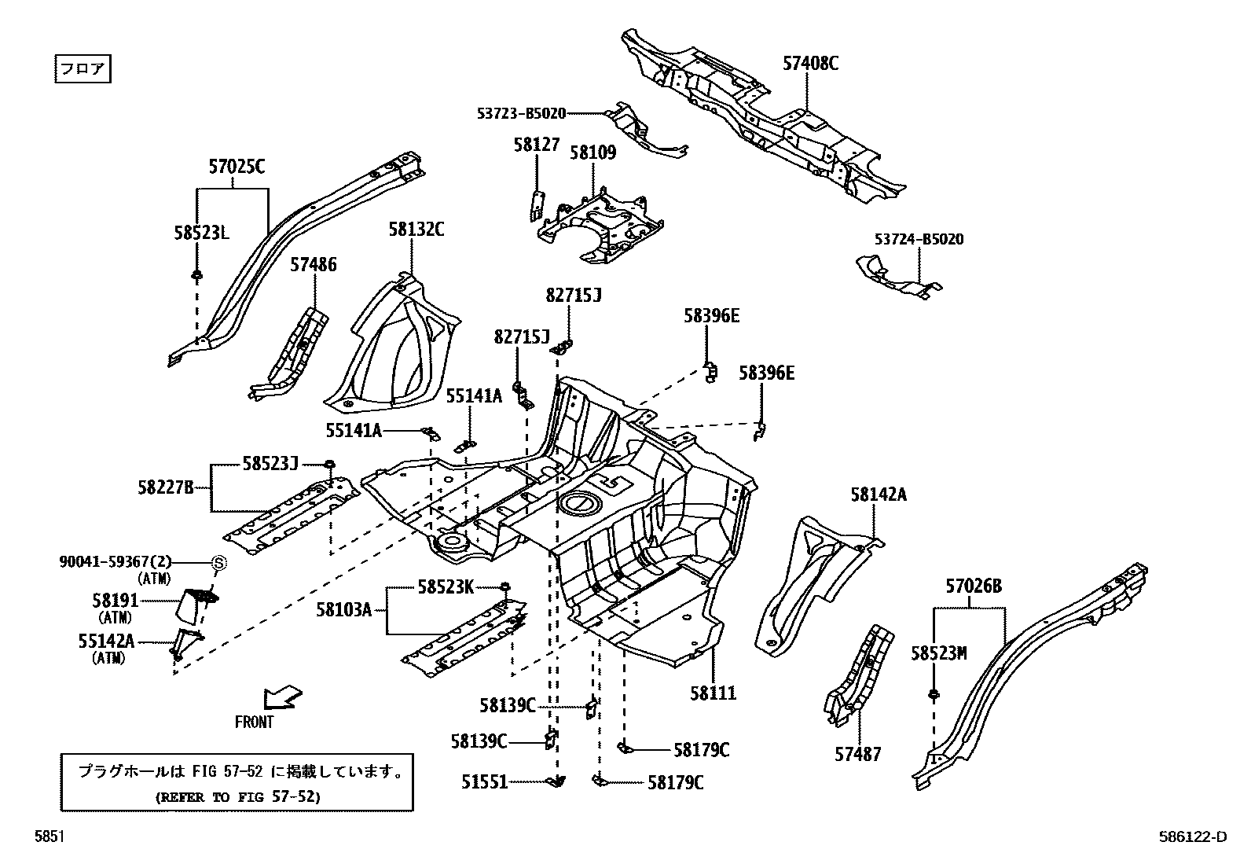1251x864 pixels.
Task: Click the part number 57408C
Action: [x=810, y=64]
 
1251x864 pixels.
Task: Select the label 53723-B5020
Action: [x=521, y=113]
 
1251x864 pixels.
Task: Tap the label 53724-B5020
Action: [x=919, y=239]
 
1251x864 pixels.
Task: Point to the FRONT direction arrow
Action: [x=282, y=697]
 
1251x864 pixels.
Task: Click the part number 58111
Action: [x=714, y=693]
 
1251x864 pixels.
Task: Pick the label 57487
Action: [x=858, y=754]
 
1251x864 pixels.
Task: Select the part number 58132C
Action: [x=416, y=230]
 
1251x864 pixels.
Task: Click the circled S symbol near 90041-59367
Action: [x=219, y=563]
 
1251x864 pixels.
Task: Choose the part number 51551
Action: [x=484, y=782]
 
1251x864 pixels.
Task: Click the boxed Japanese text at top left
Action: [x=83, y=68]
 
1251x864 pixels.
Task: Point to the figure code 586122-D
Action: [x=1192, y=837]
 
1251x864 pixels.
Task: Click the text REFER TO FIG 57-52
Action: [x=238, y=796]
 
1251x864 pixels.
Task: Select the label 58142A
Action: [x=878, y=495]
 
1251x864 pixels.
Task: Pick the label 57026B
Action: [x=974, y=586]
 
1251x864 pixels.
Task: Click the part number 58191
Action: [x=115, y=601]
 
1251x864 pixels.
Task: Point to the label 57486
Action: [x=313, y=265]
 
